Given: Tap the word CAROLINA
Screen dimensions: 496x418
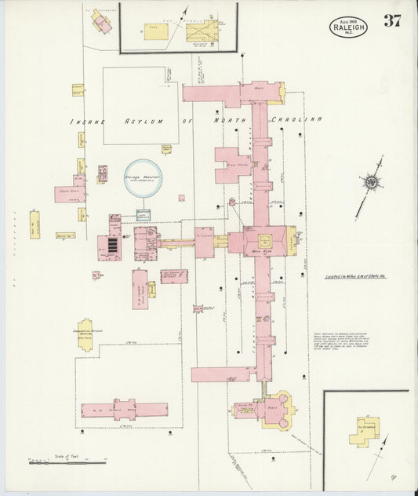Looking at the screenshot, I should click(x=297, y=119).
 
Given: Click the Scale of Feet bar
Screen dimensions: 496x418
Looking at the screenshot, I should click(x=67, y=463).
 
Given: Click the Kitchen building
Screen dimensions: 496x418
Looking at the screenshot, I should click(x=204, y=243).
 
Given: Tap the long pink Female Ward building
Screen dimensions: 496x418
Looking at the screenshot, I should click(x=124, y=410).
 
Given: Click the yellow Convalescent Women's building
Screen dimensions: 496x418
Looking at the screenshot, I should click(x=89, y=332).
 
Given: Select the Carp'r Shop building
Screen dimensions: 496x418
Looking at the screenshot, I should click(x=69, y=193).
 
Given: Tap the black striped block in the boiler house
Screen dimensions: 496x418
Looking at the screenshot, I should click(x=112, y=247).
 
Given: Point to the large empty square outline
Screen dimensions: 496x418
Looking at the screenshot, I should click(x=140, y=105).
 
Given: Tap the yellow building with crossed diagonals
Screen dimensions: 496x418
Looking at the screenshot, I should click(x=199, y=32).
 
